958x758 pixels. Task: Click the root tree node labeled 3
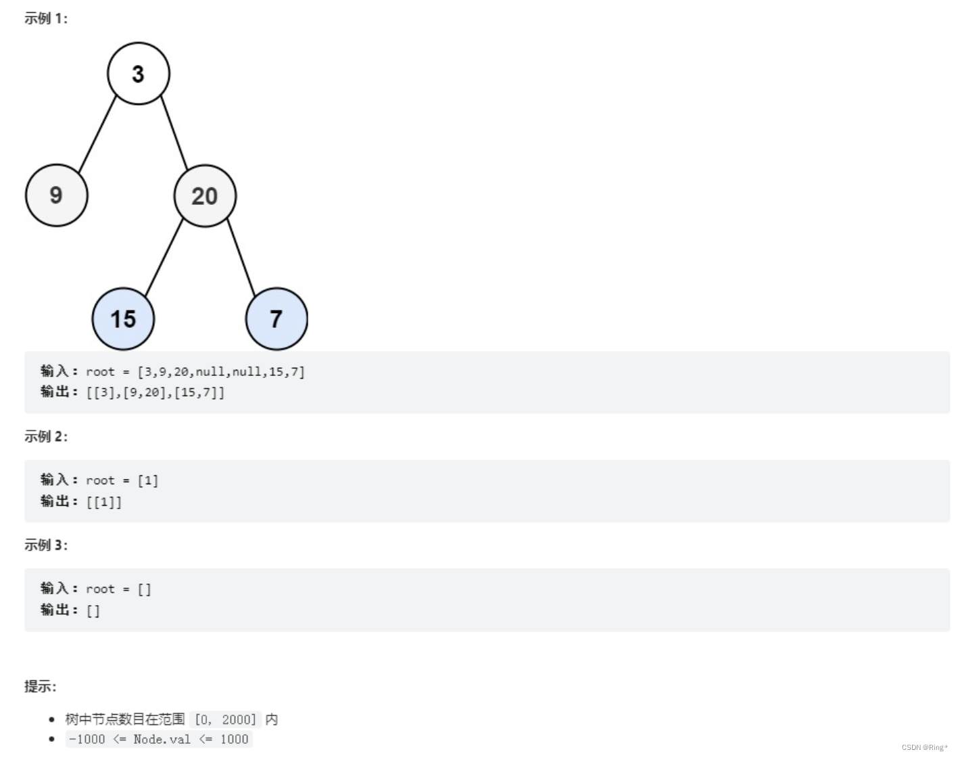click(138, 74)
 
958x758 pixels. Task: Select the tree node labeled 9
click(57, 195)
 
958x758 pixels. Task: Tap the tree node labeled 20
click(205, 196)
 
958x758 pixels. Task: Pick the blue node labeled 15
click(123, 318)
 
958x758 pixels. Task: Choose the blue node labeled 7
click(277, 318)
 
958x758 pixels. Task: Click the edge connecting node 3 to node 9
click(97, 135)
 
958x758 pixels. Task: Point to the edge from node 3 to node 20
click(174, 134)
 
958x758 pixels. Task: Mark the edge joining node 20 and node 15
click(164, 258)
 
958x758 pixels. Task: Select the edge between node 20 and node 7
click(241, 258)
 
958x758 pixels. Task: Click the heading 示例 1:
click(46, 19)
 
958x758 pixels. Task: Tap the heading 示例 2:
click(46, 437)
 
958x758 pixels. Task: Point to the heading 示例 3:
click(46, 545)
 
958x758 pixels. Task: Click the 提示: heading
click(41, 686)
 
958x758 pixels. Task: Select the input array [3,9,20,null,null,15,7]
click(221, 371)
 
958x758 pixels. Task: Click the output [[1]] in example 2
click(104, 502)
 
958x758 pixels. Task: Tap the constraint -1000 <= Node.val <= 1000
click(159, 739)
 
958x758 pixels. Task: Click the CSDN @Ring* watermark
click(924, 747)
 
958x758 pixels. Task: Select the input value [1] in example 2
click(148, 481)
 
